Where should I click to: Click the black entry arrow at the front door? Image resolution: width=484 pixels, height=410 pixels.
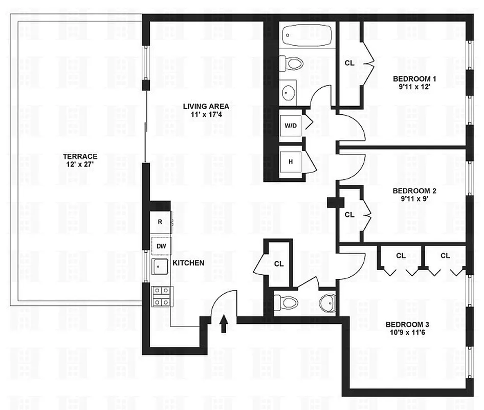pyautogui.click(x=224, y=324)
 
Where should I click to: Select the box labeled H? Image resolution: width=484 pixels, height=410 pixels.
pyautogui.click(x=291, y=162)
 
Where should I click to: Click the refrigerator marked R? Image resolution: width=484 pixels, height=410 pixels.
pyautogui.click(x=161, y=222)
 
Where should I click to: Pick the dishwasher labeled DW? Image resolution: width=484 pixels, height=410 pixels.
pyautogui.click(x=161, y=247)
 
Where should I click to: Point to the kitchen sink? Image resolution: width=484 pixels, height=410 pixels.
pyautogui.click(x=161, y=267)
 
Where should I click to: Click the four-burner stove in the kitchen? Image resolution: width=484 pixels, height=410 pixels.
pyautogui.click(x=162, y=296)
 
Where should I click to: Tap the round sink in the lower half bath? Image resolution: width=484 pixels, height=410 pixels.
pyautogui.click(x=326, y=304)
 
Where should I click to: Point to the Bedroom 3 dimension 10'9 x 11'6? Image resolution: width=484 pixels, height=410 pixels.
pyautogui.click(x=407, y=333)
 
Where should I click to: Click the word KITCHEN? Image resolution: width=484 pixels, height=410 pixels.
pyautogui.click(x=188, y=263)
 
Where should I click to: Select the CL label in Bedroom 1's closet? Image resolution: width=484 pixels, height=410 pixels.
pyautogui.click(x=349, y=63)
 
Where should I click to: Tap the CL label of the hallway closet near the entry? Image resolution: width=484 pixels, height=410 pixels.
pyautogui.click(x=279, y=264)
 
